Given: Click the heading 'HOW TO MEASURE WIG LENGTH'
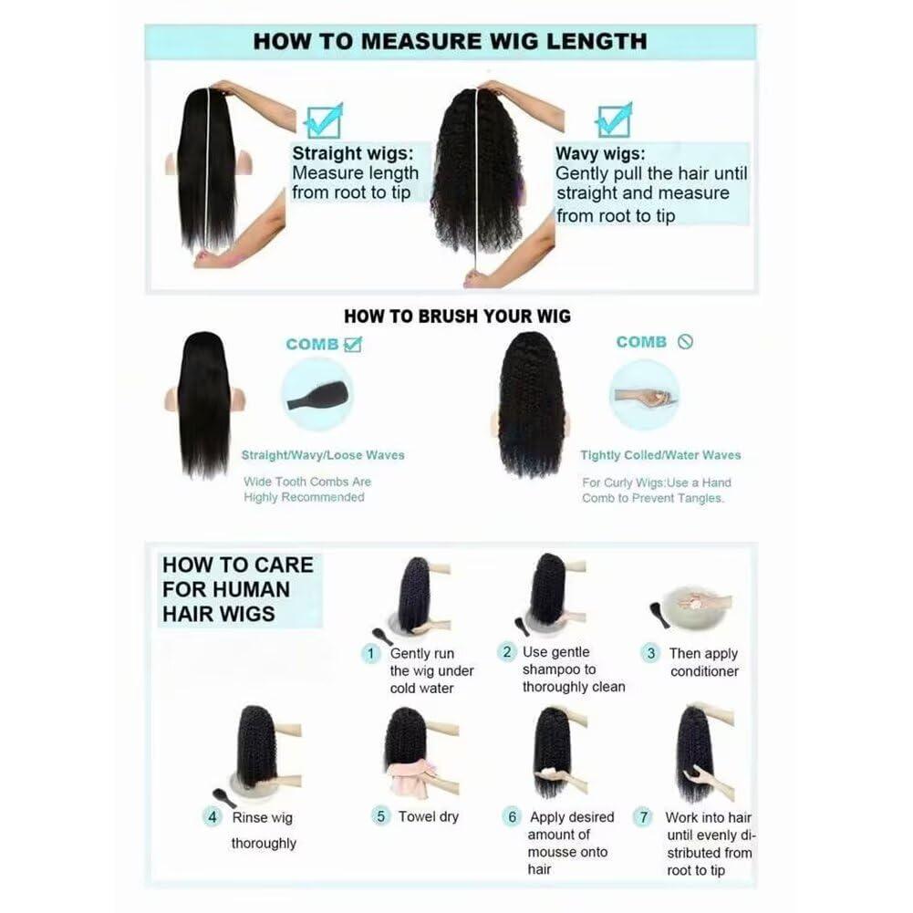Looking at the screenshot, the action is point(450,41).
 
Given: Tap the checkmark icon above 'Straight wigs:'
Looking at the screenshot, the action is point(324,121).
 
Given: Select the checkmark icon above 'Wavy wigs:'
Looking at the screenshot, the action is point(614,120).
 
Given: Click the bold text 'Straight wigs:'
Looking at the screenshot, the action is point(353,153).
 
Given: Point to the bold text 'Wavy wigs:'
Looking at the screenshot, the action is point(600,153).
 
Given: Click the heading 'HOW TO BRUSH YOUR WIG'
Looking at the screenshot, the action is point(457,316).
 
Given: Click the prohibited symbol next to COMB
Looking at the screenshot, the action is point(685,342).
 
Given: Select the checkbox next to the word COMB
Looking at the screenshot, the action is point(353,344).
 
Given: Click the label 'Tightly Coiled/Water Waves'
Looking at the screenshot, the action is point(660,455).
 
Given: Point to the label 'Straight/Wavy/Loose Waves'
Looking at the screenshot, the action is point(323,455).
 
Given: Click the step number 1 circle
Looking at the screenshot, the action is point(371,653).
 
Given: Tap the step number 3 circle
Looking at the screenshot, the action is point(650,653).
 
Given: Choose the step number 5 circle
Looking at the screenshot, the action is point(380,816).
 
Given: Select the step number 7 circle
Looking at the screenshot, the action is point(643,817).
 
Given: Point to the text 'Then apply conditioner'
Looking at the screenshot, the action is point(704,662).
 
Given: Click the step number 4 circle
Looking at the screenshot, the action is point(212,817).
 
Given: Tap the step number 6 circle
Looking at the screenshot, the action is point(512,817).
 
